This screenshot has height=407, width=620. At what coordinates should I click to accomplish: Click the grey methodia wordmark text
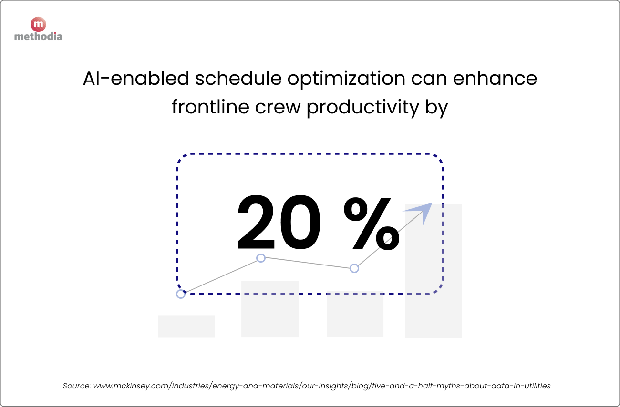[38, 36]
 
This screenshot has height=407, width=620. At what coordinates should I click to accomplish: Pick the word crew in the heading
[284, 107]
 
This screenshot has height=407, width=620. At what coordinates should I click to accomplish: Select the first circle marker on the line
[180, 294]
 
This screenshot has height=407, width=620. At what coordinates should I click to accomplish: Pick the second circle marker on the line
[261, 258]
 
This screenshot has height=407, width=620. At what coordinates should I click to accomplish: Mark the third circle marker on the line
[354, 268]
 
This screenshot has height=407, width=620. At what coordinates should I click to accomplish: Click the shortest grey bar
[186, 326]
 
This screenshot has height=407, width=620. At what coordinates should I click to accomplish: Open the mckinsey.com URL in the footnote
[322, 386]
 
